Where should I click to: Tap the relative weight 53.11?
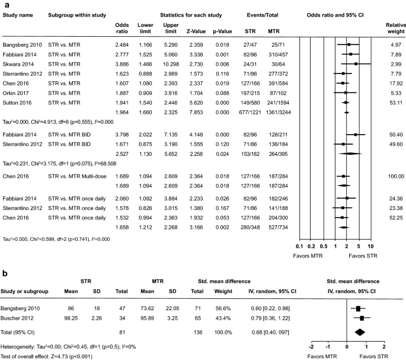[392, 101]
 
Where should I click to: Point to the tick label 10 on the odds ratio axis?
[370, 246]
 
